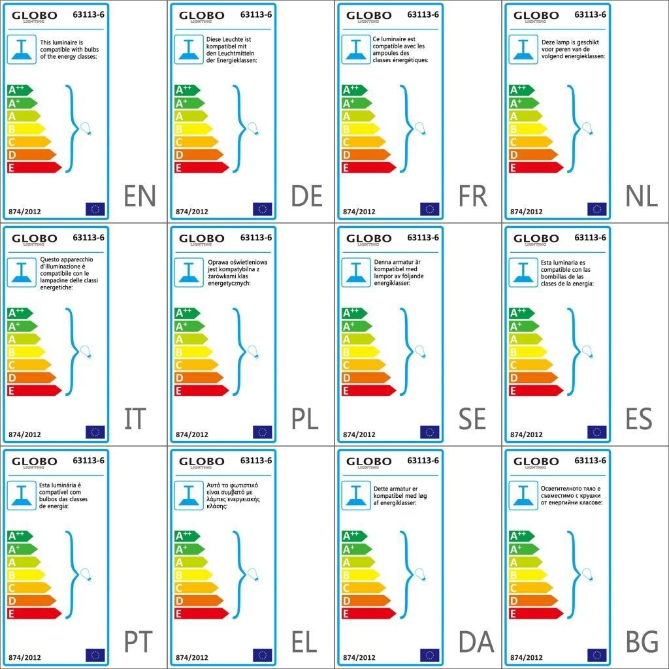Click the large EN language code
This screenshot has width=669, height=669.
(x=140, y=196)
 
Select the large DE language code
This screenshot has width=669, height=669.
(x=307, y=196)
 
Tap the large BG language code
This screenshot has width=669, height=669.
(x=642, y=642)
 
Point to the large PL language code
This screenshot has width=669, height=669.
(x=305, y=419)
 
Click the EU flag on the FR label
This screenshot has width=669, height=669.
(x=429, y=209)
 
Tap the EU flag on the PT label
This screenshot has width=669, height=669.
(x=95, y=655)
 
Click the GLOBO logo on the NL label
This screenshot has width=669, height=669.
(x=536, y=16)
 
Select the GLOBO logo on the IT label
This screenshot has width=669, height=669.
(x=34, y=239)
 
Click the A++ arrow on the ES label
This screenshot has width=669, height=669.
(x=521, y=312)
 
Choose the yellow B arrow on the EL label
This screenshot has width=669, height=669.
(x=193, y=574)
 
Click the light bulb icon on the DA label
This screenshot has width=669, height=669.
(x=419, y=574)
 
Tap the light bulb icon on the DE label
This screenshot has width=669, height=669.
(x=252, y=128)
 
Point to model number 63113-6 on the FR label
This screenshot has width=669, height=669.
(x=423, y=14)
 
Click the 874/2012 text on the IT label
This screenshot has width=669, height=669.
(x=25, y=434)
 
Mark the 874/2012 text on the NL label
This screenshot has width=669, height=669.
(x=527, y=212)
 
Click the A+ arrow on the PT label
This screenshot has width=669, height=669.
(x=22, y=549)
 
